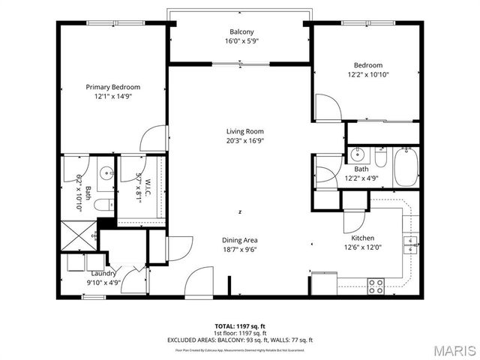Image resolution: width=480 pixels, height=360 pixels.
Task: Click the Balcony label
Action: [x=241, y=31]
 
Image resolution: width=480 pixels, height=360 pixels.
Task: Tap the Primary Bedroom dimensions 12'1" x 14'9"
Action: [x=112, y=97]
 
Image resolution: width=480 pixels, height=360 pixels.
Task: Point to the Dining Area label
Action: [x=240, y=240]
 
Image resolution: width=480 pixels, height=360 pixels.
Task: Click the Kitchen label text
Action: [x=352, y=238]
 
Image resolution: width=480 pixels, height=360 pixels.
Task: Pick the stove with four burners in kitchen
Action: [x=376, y=284]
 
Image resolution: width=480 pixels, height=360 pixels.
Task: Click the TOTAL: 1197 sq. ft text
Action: [x=240, y=326]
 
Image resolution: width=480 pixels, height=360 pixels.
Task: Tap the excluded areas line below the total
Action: [x=240, y=340]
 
